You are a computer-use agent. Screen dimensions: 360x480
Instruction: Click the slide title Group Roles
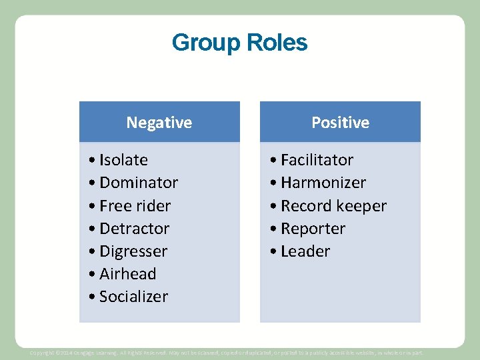[239, 43]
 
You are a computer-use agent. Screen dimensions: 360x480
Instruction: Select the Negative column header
[159, 123]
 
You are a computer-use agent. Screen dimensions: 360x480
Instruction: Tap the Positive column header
[340, 123]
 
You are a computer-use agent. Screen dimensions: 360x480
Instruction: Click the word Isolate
[123, 160]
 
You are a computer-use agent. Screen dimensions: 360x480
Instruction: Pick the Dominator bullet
[138, 183]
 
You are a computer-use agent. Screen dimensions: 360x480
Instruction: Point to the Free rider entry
[135, 206]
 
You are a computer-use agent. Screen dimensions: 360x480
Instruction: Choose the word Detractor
[134, 229]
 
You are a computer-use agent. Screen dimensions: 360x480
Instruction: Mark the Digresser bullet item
[133, 251]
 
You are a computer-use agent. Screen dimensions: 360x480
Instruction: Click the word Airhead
[127, 274]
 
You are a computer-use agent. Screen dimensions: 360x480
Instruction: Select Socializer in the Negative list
[133, 297]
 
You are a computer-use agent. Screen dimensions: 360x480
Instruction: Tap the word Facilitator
[317, 160]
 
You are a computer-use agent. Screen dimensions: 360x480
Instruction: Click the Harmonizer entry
[323, 183]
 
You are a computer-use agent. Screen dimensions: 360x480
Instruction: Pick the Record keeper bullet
[333, 206]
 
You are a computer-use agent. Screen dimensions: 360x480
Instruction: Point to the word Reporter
[313, 229]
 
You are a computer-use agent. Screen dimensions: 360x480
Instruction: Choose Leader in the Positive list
[305, 251]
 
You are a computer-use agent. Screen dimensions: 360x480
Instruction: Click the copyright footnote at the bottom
[227, 352]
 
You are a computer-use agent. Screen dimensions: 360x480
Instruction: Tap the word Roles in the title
[277, 43]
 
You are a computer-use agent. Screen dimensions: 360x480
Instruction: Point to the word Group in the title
[207, 43]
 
